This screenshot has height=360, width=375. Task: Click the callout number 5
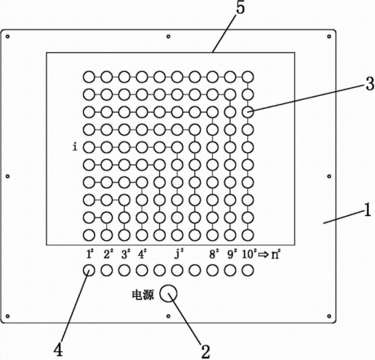[240, 8]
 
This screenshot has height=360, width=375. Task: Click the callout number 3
[369, 84]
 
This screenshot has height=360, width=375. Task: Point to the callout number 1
[368, 210]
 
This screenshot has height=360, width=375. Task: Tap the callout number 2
[205, 351]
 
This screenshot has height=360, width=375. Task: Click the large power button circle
[169, 294]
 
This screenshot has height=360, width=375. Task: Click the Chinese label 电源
[143, 295]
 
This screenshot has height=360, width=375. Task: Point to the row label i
[75, 146]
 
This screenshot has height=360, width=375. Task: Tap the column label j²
[179, 254]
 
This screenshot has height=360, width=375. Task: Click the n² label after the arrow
[275, 254]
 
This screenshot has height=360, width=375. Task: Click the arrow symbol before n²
[264, 254]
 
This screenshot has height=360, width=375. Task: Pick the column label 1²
[90, 254]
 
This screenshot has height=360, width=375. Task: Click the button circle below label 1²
[89, 270]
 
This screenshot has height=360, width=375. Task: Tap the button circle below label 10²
[248, 270]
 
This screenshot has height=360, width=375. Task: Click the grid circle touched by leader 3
[248, 112]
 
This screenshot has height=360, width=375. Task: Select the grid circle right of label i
[89, 147]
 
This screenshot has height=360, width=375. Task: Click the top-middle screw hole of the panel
[168, 36]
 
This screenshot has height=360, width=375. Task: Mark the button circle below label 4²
[142, 270]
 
